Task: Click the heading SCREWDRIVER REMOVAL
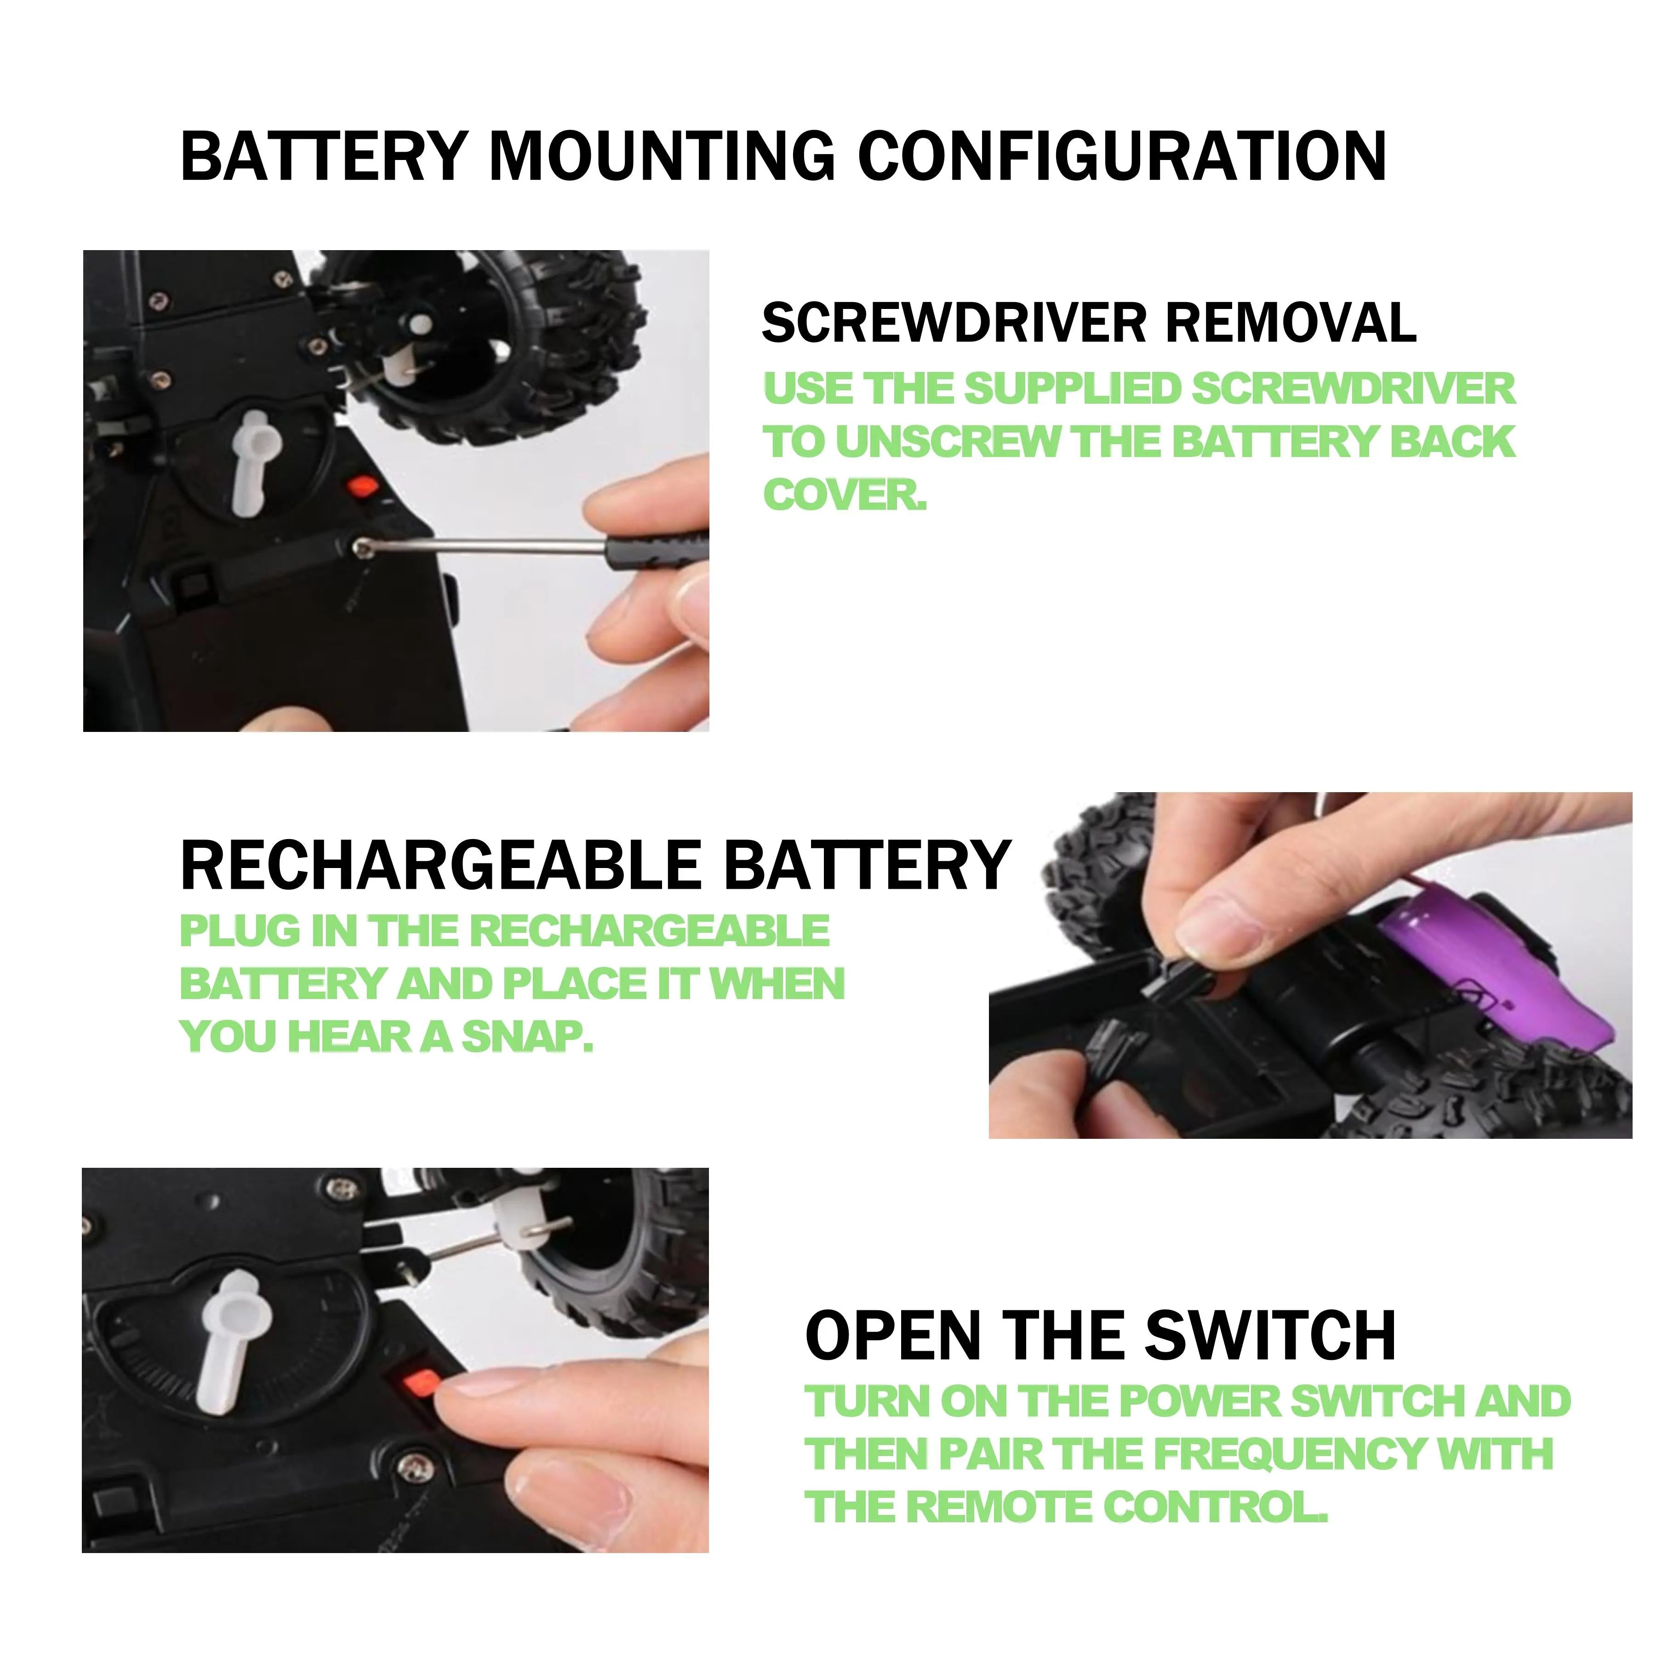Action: tap(1089, 323)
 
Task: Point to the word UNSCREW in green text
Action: tap(948, 442)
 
